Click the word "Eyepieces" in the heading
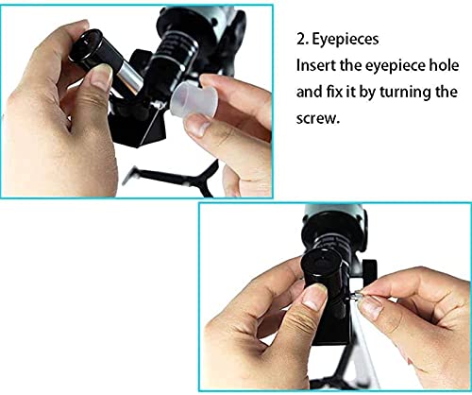(x=346, y=40)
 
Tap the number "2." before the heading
(x=301, y=40)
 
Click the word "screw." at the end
(x=318, y=118)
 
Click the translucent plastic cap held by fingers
(x=194, y=98)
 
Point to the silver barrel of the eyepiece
(x=129, y=78)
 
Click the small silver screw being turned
(x=356, y=296)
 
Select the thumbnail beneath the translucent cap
(x=197, y=125)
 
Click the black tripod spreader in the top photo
(x=177, y=177)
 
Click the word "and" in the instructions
(x=305, y=92)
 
